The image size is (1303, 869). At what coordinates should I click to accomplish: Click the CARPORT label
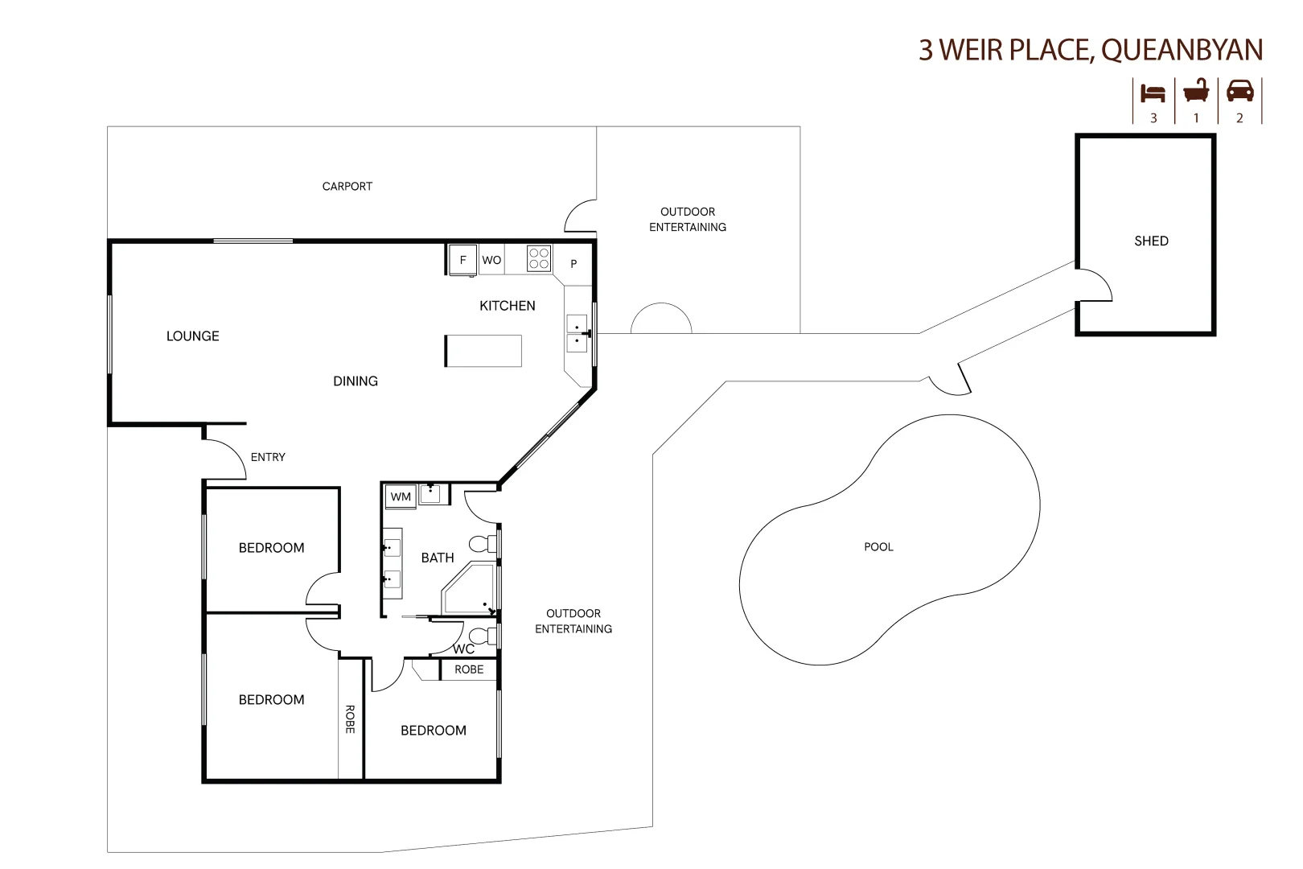(x=347, y=186)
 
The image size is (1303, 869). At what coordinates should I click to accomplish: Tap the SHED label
(x=1151, y=241)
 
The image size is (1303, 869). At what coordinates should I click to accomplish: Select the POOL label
(x=878, y=546)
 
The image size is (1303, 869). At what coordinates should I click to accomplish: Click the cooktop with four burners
(x=539, y=258)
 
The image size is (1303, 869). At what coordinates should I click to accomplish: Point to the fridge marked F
(x=462, y=260)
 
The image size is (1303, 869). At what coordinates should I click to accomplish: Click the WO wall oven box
(x=491, y=260)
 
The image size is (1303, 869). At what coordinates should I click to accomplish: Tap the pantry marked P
(x=573, y=264)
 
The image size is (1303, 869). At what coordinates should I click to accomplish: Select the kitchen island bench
(x=483, y=351)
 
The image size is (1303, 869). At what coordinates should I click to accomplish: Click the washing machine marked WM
(x=401, y=496)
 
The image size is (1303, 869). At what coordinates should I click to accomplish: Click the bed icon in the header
(x=1153, y=93)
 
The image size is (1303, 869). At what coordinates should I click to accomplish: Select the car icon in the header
(x=1239, y=91)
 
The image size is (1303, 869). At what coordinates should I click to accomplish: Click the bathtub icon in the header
(x=1196, y=91)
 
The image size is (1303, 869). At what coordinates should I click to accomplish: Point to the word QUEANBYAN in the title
(x=1182, y=50)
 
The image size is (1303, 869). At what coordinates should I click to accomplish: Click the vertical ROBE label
(x=350, y=719)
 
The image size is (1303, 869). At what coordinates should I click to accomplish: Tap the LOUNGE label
(x=192, y=336)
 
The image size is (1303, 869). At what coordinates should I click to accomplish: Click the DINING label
(x=356, y=381)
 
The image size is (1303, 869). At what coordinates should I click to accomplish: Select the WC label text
(x=463, y=649)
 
